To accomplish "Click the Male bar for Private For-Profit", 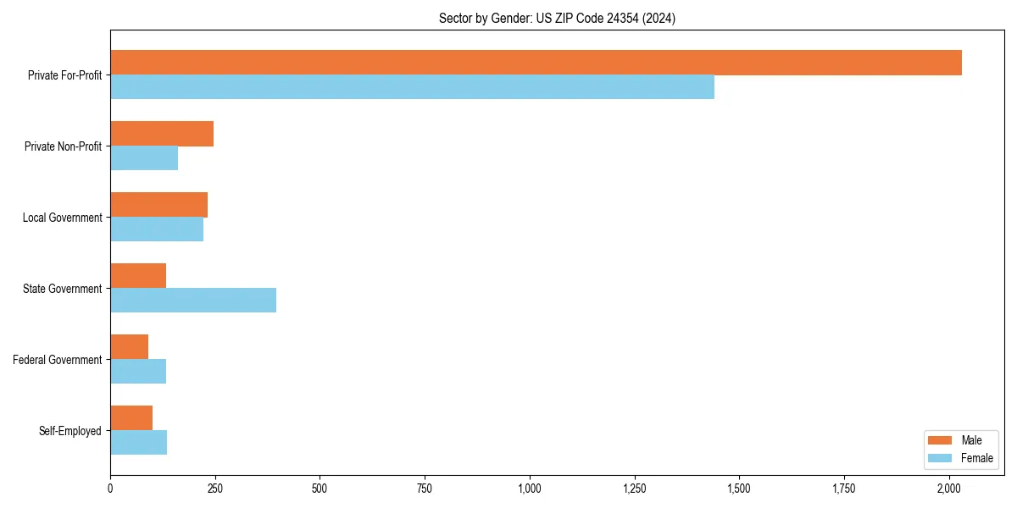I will (x=536, y=63).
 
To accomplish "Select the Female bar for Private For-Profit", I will (x=412, y=87).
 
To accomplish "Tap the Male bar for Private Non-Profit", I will (x=162, y=134).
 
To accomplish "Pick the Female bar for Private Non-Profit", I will (x=144, y=158).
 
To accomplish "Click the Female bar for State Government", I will (x=193, y=301).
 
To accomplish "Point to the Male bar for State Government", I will (x=138, y=276).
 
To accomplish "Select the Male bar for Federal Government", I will (x=129, y=347).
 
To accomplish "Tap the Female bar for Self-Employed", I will (x=138, y=443).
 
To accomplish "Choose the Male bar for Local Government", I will (x=158, y=205).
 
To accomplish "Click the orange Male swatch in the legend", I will (x=940, y=440).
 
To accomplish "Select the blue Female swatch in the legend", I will (x=940, y=458).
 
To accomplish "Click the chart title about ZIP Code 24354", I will (x=557, y=18).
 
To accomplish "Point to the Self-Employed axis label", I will (x=70, y=431).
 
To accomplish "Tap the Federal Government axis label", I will (x=58, y=360).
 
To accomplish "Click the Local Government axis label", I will (x=62, y=218).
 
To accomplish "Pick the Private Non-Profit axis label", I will (x=63, y=146).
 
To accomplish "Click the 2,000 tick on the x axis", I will (x=948, y=488).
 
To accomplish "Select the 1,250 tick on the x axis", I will (x=634, y=488).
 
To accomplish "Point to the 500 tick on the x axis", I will (x=320, y=488).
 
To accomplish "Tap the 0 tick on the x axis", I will (x=110, y=488).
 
